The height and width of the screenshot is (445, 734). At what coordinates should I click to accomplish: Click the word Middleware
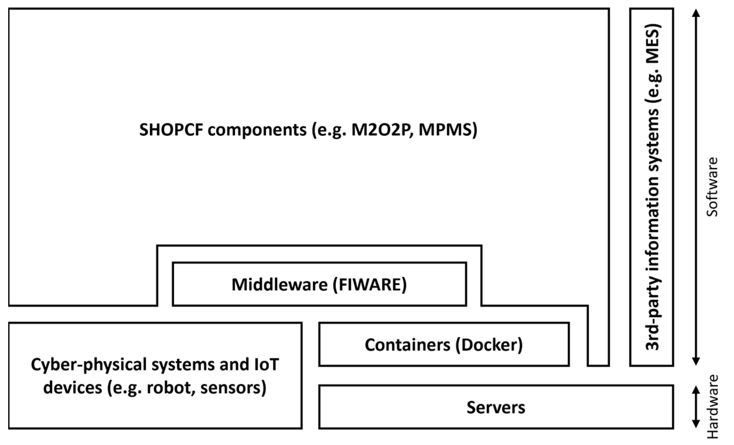click(279, 285)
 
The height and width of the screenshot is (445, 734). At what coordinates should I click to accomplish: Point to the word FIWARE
click(369, 285)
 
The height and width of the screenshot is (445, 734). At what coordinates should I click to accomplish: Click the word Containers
click(407, 345)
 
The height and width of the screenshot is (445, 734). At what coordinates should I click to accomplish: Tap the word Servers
click(496, 407)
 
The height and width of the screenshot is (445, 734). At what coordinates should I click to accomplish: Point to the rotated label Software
click(712, 187)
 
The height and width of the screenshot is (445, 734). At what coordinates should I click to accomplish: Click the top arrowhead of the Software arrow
click(696, 13)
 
